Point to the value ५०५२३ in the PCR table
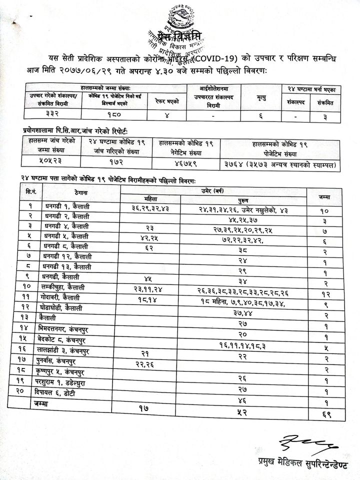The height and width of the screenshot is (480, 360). (x=54, y=161)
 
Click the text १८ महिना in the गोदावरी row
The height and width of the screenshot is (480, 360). (x=212, y=297)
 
